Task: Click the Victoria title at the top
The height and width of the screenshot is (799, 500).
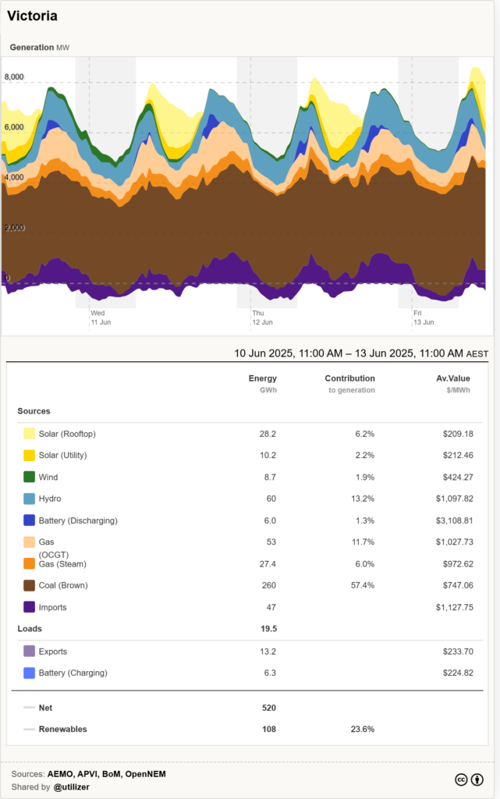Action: (x=32, y=16)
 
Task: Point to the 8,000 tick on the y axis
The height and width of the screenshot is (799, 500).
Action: (x=15, y=76)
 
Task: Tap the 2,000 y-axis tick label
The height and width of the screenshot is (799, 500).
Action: (x=15, y=228)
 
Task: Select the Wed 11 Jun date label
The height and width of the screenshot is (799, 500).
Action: (x=101, y=317)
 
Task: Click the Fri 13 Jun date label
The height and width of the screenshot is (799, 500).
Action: (x=423, y=317)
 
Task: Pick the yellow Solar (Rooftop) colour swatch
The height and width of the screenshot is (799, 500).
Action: (x=29, y=433)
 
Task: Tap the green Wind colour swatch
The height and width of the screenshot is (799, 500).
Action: (x=29, y=477)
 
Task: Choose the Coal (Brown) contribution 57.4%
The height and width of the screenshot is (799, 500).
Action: (x=362, y=585)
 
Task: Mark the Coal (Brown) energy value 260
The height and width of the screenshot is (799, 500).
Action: (x=268, y=585)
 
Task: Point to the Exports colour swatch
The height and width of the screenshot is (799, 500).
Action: (x=29, y=651)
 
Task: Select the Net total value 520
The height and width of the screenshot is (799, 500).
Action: (x=268, y=708)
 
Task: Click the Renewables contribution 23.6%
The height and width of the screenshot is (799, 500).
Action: (x=362, y=730)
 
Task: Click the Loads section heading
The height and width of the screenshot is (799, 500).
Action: (x=30, y=628)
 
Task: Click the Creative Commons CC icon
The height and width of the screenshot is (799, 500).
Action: (x=461, y=780)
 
